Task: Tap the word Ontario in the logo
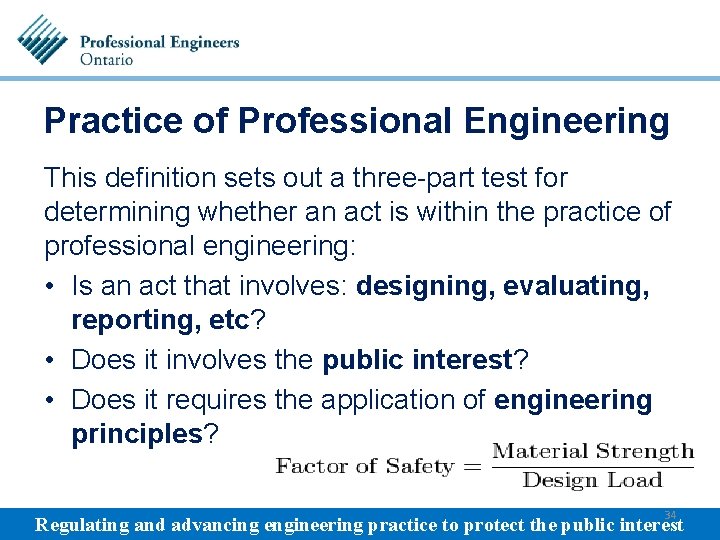106,59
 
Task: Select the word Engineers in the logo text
201,42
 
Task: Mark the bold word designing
425,286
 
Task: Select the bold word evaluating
576,286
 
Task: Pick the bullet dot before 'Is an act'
52,287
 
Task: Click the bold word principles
137,435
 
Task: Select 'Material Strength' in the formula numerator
593,451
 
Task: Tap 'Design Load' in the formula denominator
593,481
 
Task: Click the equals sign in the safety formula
470,466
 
